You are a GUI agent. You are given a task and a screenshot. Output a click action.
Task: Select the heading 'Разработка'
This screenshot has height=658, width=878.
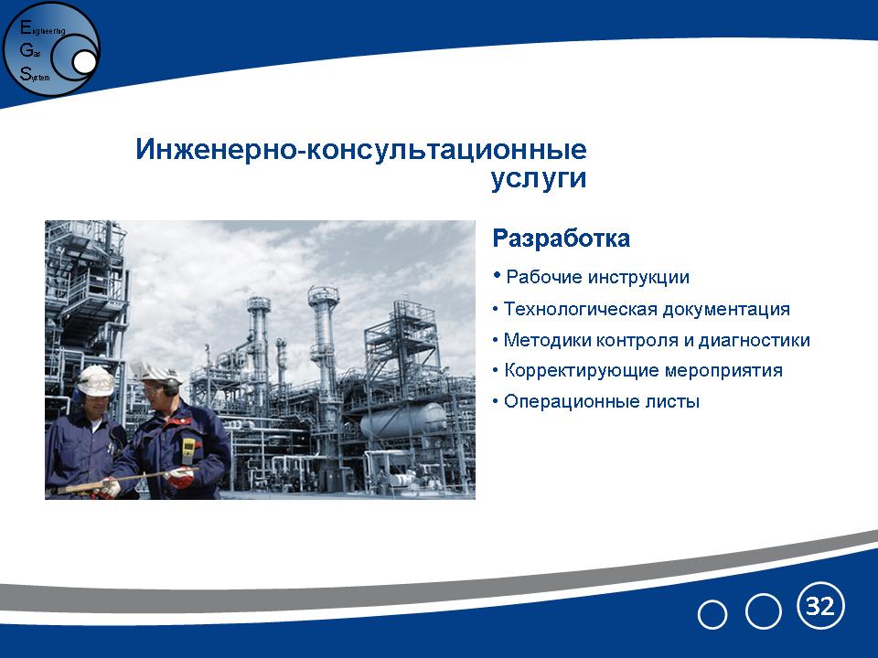pos(561,239)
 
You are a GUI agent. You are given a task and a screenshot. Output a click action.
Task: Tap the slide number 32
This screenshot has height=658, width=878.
pos(820,606)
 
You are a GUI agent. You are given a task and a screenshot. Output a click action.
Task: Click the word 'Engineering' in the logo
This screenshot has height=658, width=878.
pos(43,28)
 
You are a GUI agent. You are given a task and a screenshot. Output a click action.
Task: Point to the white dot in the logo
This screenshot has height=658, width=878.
pos(84,63)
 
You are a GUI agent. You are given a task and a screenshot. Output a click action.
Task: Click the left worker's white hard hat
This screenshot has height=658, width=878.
pos(95,380)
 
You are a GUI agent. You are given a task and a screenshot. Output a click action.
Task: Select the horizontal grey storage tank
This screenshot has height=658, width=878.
pos(403,420)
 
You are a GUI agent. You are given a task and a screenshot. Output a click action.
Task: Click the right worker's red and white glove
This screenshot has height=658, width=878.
pos(180,477)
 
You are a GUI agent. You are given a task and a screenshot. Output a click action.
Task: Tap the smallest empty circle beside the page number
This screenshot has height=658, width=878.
pos(712,615)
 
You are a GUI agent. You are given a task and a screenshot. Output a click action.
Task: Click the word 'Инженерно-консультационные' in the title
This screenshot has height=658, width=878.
pos(361,150)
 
